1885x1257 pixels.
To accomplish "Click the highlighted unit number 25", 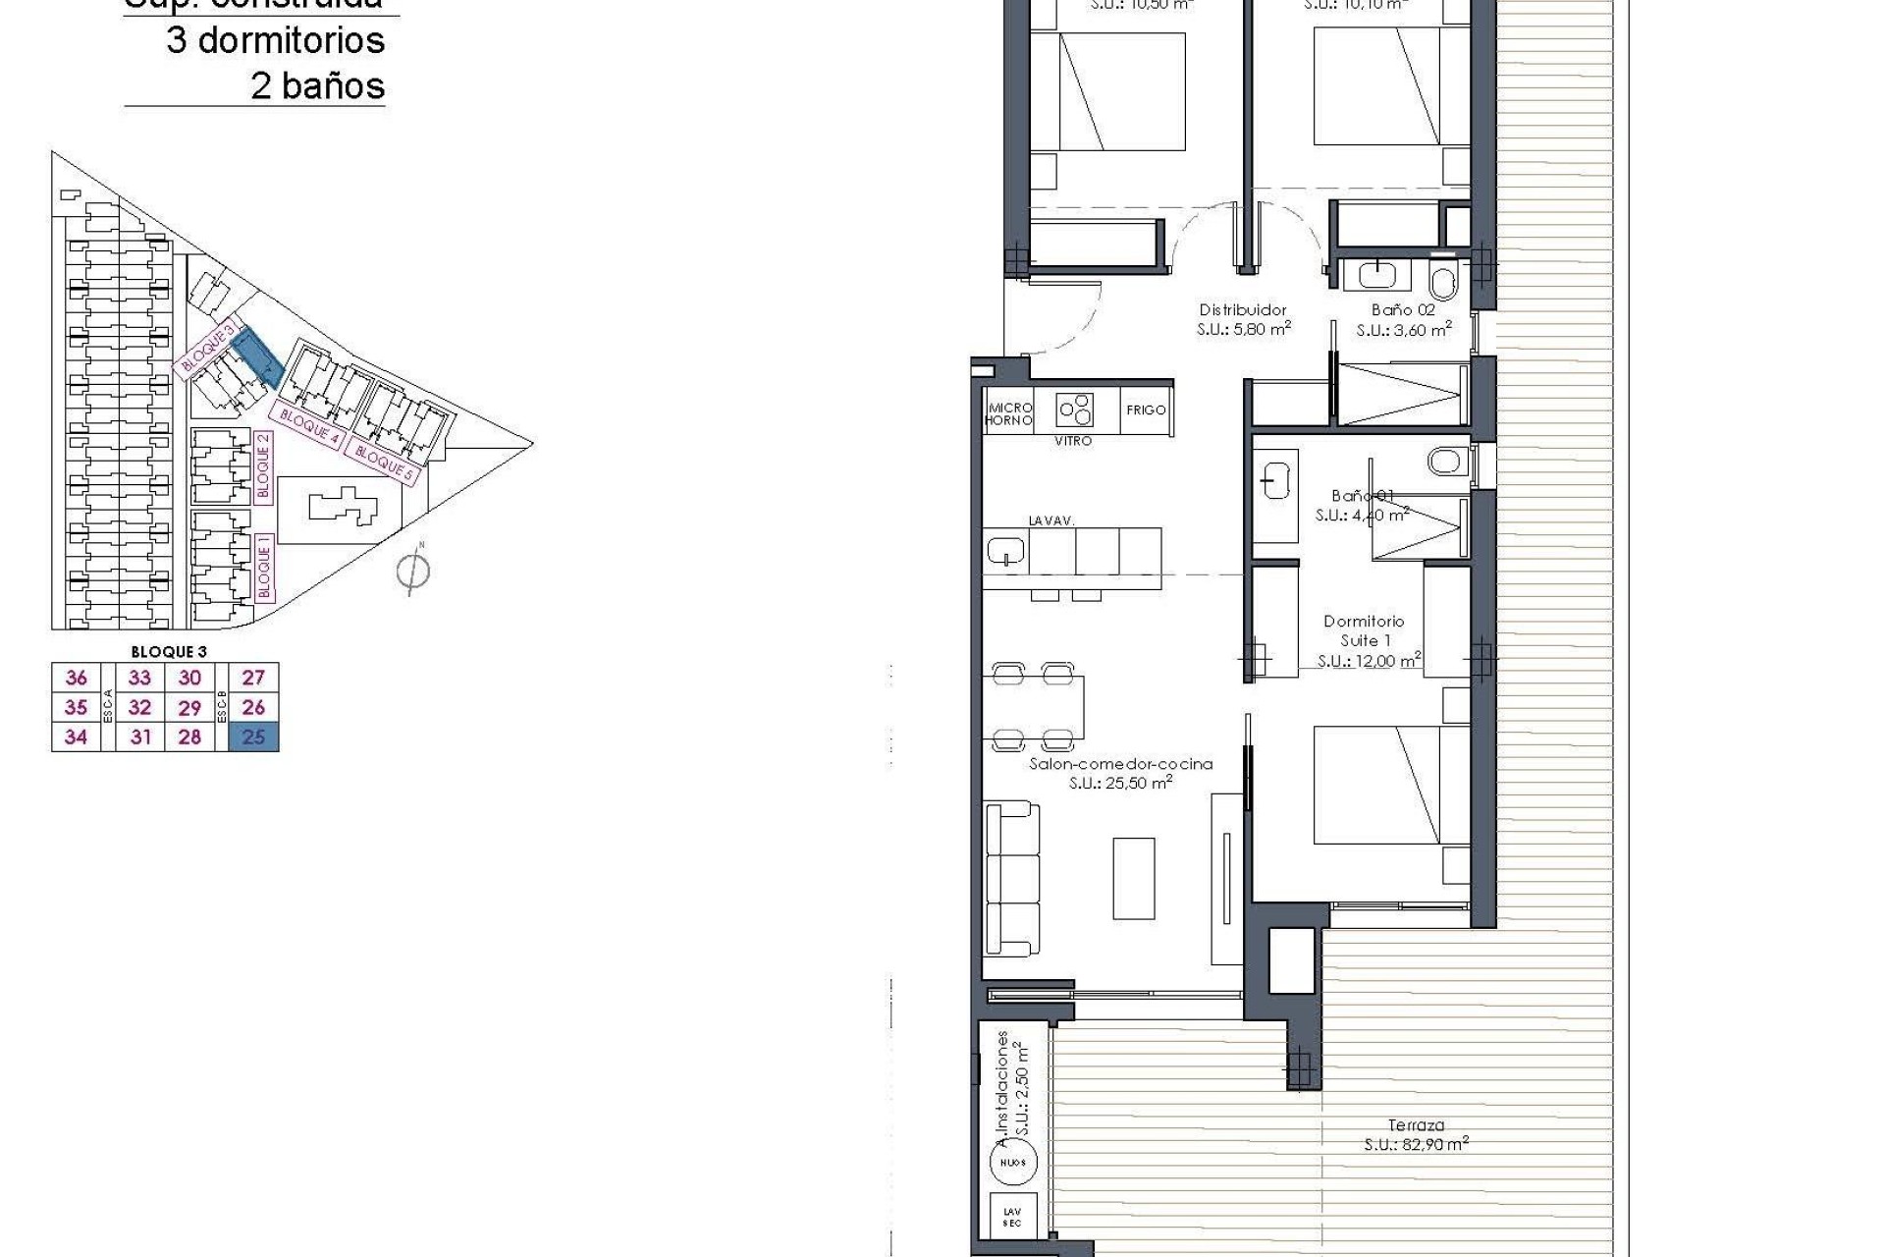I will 253,737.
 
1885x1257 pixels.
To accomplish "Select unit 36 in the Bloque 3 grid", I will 76,678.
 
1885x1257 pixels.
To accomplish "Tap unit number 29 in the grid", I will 189,707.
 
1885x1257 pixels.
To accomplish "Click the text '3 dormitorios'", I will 275,40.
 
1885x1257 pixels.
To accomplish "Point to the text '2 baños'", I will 317,85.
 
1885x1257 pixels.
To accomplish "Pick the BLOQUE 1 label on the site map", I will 263,568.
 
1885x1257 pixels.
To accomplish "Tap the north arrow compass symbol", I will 413,570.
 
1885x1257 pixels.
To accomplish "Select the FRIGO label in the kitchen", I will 1146,410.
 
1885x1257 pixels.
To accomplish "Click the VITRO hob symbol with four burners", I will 1075,409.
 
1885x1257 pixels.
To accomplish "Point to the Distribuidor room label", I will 1242,310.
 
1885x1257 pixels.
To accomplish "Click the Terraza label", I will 1416,1125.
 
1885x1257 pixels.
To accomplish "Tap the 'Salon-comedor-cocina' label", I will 1120,764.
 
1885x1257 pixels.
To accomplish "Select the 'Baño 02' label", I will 1403,310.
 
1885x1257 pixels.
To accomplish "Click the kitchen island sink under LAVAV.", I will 1006,551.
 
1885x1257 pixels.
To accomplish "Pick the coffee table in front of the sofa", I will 1134,877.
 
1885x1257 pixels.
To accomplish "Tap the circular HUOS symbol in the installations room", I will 1013,1162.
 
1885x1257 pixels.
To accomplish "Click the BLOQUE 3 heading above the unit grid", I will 169,651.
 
